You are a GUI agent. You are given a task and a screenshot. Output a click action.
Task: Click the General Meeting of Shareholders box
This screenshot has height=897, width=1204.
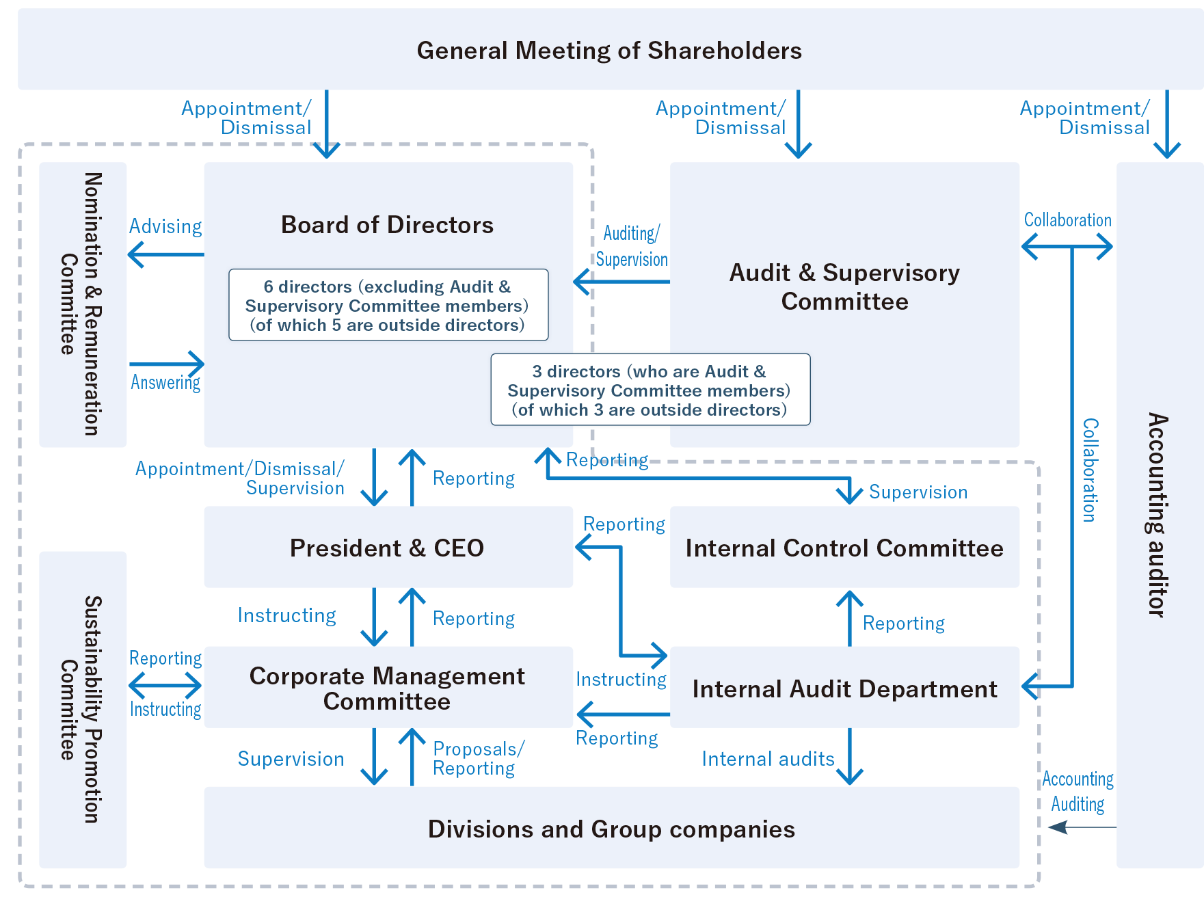[x=608, y=50]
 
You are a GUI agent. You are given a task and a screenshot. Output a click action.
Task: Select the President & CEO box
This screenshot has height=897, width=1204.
[x=388, y=548]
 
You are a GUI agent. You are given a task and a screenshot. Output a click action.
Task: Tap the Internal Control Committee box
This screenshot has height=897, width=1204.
[x=844, y=548]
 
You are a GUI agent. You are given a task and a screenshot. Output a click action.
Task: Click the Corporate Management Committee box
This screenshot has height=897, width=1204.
[x=388, y=688]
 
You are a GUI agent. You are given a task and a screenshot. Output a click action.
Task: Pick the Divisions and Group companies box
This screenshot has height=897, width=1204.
[x=611, y=829]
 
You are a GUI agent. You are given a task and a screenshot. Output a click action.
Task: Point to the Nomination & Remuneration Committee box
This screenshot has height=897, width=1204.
[x=83, y=304]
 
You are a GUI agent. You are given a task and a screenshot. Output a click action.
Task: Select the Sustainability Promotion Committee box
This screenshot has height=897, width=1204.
[x=83, y=709]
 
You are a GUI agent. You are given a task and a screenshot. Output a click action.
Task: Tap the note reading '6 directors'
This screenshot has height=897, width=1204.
[x=388, y=306]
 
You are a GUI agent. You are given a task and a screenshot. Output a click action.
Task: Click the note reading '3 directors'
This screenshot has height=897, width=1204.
[x=650, y=390]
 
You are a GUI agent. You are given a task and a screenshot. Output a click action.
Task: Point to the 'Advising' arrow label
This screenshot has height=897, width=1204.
[x=165, y=226]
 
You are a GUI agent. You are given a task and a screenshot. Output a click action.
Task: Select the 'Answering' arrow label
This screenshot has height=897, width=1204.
[x=165, y=382]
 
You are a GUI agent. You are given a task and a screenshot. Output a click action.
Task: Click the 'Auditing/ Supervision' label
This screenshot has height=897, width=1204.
[x=631, y=246]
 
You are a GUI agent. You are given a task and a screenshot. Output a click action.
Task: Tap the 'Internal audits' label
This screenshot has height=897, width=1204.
[x=768, y=759]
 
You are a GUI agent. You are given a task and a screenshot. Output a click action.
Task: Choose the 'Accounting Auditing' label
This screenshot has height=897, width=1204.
[x=1078, y=792]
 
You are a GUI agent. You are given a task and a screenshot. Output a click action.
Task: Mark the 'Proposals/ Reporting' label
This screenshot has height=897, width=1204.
[x=478, y=759]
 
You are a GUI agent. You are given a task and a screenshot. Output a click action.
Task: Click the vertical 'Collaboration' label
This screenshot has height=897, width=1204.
[x=1091, y=470]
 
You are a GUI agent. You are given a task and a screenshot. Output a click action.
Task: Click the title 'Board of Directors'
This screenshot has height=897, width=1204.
[x=387, y=225]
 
